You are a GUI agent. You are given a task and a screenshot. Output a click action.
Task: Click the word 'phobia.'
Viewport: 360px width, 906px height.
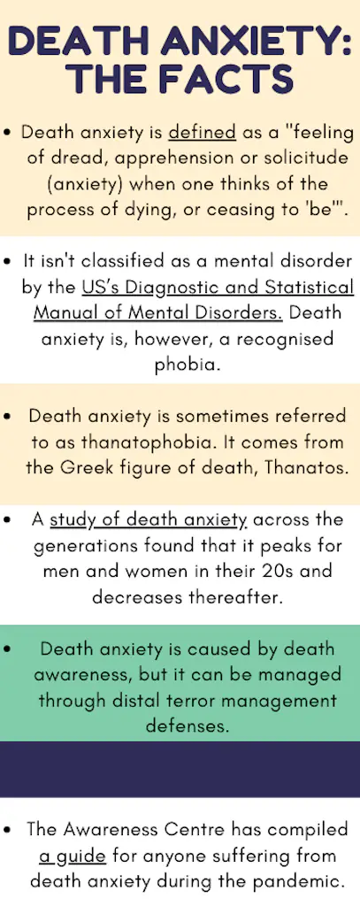tap(180, 365)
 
